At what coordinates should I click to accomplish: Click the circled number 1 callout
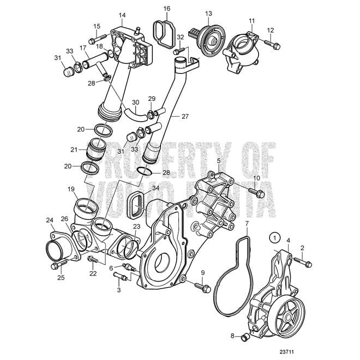[x=275, y=238]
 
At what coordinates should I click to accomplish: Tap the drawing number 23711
[x=286, y=352]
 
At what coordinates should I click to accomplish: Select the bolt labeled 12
[x=272, y=45]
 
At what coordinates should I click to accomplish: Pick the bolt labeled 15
[x=97, y=39]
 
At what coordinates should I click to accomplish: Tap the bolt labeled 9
[x=203, y=287]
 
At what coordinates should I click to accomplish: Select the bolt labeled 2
[x=303, y=262]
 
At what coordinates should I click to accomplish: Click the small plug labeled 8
[x=245, y=338]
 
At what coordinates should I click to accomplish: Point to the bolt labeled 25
[x=58, y=264]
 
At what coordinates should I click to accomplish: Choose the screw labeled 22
[x=93, y=259]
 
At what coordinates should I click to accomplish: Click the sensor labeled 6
[x=130, y=267]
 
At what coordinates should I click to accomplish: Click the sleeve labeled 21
[x=96, y=149]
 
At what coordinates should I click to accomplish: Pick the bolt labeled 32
[x=179, y=51]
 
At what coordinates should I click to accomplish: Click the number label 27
[x=185, y=116]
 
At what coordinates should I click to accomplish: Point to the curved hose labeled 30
[x=136, y=115]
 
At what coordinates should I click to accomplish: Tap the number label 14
[x=122, y=15]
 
